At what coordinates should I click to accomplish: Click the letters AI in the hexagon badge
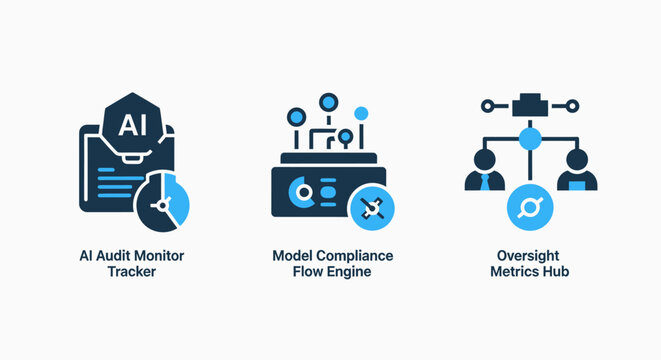click(130, 125)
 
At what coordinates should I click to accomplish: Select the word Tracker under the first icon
click(131, 272)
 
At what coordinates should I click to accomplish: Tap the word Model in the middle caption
click(291, 256)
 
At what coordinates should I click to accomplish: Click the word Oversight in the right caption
click(530, 256)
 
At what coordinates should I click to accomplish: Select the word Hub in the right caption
click(557, 272)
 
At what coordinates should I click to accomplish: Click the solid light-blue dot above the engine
click(361, 113)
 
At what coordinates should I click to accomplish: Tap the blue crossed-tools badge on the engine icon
click(371, 207)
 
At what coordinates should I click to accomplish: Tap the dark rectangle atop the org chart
click(530, 104)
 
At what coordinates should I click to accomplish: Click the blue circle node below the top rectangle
click(530, 138)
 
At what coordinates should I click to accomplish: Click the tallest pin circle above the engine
click(327, 100)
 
